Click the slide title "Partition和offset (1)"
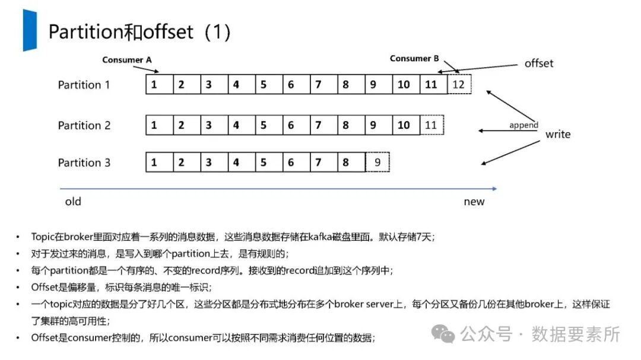139,32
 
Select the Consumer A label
126,60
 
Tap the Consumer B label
414,59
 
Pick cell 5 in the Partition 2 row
264,125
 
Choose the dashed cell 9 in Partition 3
377,162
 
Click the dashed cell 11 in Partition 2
431,125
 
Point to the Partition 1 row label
84,85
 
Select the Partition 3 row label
84,163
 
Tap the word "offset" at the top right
538,63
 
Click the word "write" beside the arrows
557,135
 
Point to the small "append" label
523,125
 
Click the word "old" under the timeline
73,202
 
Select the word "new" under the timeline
474,202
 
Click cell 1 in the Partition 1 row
154,85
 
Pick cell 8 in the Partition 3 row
345,162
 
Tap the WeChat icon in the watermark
443,334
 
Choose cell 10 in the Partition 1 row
404,85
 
